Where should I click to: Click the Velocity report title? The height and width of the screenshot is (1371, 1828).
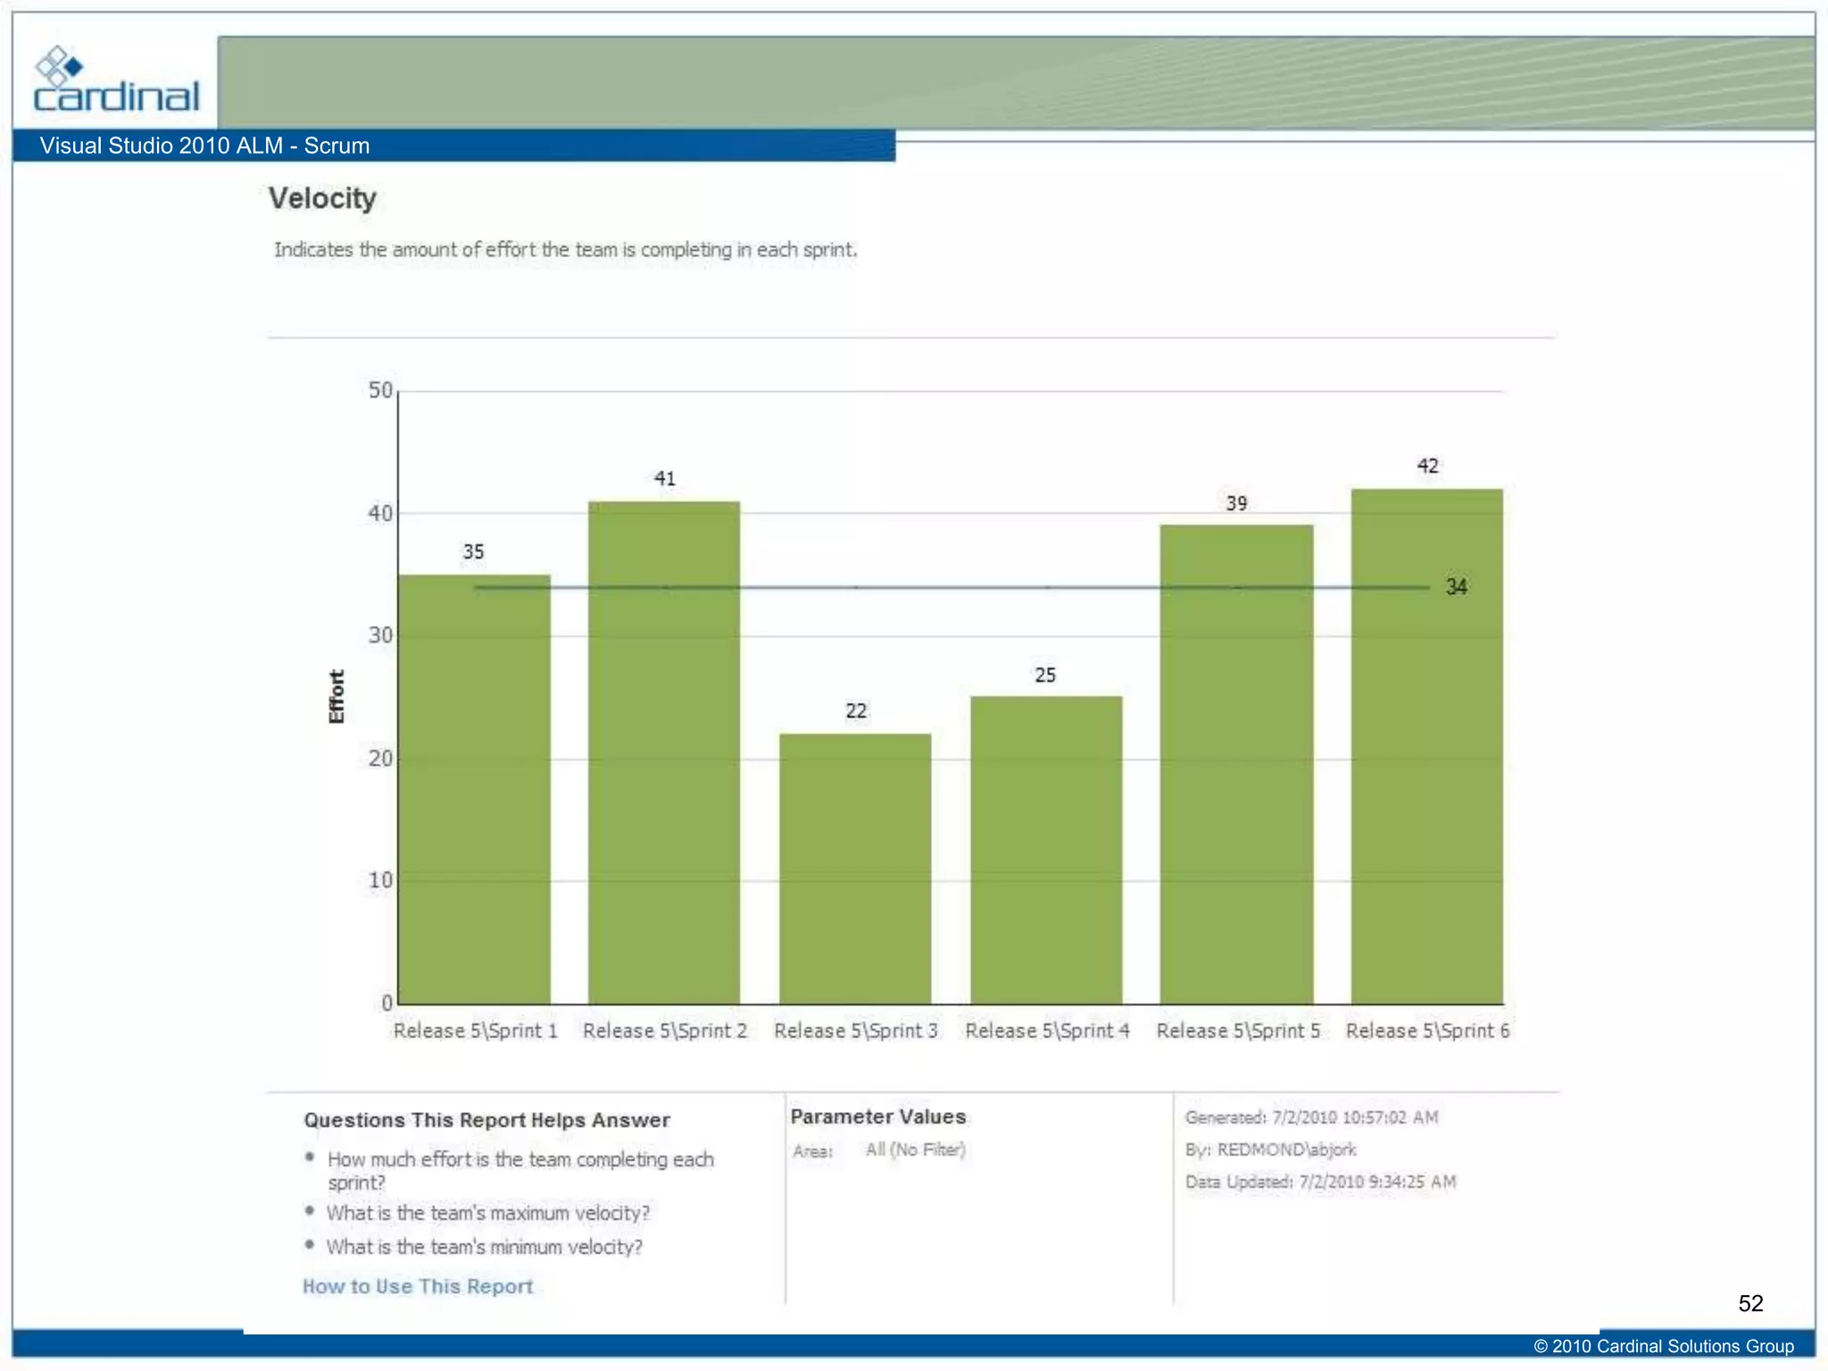[x=322, y=198]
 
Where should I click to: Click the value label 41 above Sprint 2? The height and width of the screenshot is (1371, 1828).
[x=664, y=478]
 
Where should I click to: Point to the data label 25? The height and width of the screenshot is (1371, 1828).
[x=1044, y=676]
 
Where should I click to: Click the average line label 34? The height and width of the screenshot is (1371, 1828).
[x=1456, y=587]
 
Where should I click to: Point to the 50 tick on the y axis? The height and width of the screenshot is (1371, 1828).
[x=380, y=391]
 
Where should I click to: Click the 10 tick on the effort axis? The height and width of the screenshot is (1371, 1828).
[x=380, y=881]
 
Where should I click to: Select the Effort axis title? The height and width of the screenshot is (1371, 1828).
[x=337, y=696]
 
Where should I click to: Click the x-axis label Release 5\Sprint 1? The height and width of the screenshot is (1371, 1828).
[x=475, y=1031]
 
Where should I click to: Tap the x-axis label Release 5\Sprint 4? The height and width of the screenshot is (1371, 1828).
[x=1047, y=1031]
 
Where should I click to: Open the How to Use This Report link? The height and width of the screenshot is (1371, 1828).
[x=418, y=1286]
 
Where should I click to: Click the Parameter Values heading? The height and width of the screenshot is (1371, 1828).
[x=877, y=1117]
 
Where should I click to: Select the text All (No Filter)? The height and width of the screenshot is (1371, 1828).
[x=915, y=1150]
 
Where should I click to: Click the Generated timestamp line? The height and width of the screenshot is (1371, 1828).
[x=1311, y=1118]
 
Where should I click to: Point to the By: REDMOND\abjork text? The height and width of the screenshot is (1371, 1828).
[x=1270, y=1150]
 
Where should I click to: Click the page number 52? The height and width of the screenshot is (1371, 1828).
[x=1749, y=1303]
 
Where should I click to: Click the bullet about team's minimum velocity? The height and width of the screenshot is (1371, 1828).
[x=484, y=1247]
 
